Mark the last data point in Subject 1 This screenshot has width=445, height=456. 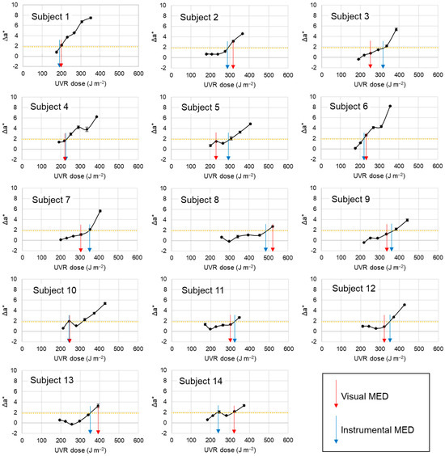(x=91, y=18)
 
